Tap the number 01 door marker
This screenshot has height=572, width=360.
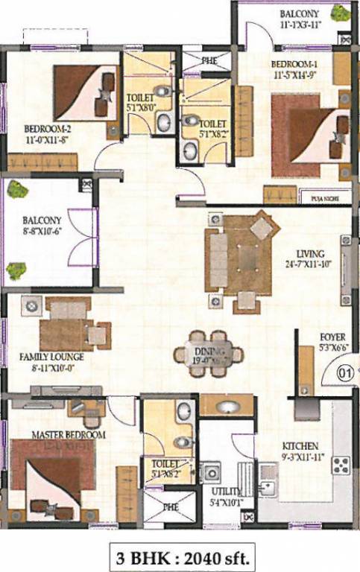click(x=344, y=371)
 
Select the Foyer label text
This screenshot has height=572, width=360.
click(x=332, y=336)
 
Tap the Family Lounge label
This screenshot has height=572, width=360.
click(x=51, y=357)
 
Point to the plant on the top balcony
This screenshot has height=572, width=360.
click(x=341, y=13)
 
